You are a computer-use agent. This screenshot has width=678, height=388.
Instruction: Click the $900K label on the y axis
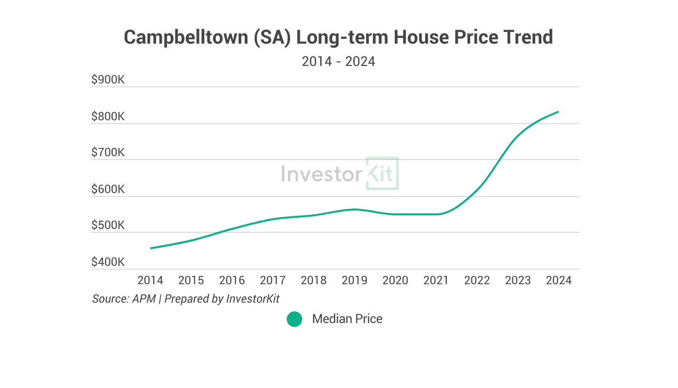click(108, 80)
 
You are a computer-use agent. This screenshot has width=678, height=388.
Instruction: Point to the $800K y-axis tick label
click(108, 116)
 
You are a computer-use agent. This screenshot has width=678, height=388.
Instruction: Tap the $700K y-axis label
click(108, 153)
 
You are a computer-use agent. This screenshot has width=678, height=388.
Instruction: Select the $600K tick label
click(108, 189)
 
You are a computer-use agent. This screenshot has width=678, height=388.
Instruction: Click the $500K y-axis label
click(108, 226)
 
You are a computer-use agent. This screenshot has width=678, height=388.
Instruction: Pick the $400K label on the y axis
click(108, 262)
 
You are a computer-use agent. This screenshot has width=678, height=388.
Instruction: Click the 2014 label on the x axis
click(150, 280)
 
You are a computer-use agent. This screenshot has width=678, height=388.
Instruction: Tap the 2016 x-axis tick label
click(232, 280)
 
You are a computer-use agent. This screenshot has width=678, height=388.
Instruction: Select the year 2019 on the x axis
click(354, 280)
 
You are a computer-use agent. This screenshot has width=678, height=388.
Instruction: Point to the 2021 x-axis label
click(436, 280)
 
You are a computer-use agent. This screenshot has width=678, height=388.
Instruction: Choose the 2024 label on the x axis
click(559, 280)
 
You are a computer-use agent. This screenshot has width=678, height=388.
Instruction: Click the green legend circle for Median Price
click(294, 319)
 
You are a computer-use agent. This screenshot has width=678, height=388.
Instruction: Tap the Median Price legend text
click(347, 319)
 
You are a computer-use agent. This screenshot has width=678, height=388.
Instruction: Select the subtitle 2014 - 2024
click(339, 62)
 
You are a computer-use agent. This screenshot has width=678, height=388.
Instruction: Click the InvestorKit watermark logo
click(339, 174)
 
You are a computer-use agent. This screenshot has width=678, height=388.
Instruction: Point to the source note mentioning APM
click(186, 298)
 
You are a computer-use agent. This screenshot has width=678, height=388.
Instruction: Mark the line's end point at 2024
click(558, 112)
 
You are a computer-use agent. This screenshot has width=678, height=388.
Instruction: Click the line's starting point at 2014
click(151, 248)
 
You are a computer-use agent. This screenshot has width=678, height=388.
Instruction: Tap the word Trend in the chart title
click(525, 37)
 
